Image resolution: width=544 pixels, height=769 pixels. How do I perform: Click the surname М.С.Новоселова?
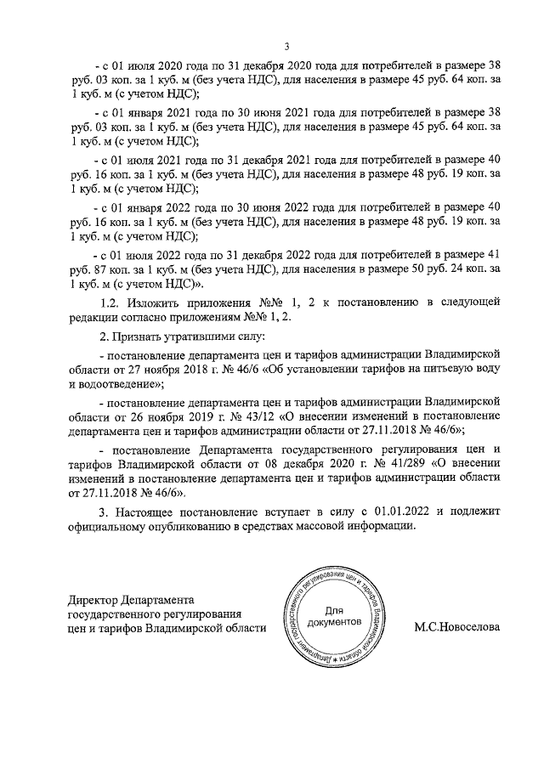457,628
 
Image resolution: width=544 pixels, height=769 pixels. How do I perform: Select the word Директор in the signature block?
93,599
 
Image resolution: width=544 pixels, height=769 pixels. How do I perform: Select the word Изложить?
161,302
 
